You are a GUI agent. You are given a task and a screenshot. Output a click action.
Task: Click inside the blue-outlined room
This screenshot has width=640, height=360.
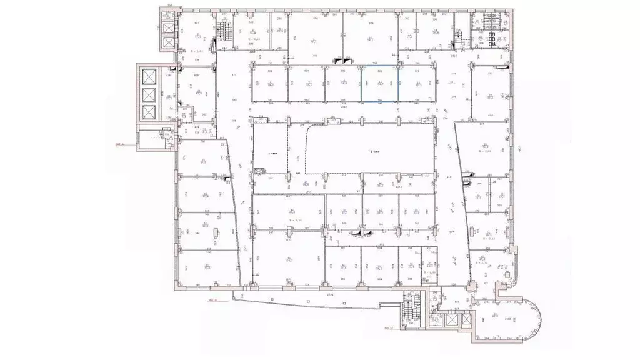pyautogui.click(x=380, y=83)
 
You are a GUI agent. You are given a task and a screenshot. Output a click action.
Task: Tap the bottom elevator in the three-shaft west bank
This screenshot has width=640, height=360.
pyautogui.click(x=149, y=113)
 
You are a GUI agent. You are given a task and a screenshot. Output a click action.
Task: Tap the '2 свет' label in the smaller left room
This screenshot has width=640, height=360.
pyautogui.click(x=273, y=152)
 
